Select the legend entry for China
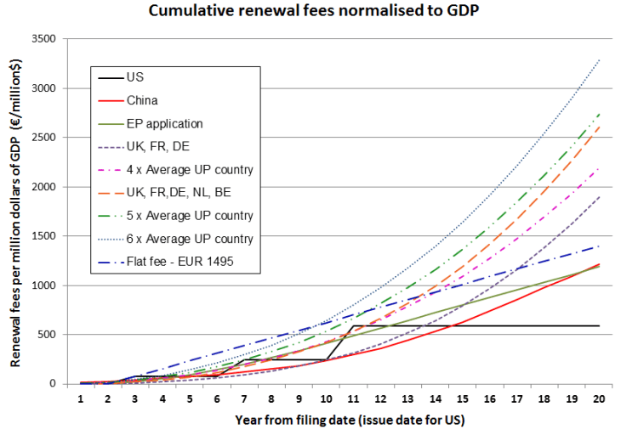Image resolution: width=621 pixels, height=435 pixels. pos(142,100)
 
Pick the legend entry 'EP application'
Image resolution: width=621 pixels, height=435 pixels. pos(164,123)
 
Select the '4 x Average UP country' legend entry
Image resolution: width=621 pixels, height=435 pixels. pos(189,169)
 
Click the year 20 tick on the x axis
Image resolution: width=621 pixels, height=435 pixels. pos(600,398)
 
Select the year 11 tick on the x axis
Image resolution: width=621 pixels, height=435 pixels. pos(352,398)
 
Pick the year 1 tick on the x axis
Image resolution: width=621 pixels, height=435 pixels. pos(79,398)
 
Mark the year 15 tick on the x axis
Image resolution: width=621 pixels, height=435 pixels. pos(462,398)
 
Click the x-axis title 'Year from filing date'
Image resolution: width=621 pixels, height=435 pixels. pos(339,420)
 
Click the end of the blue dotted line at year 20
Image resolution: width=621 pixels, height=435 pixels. pos(600,59)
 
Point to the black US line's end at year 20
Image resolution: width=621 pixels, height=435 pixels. pos(600,325)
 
